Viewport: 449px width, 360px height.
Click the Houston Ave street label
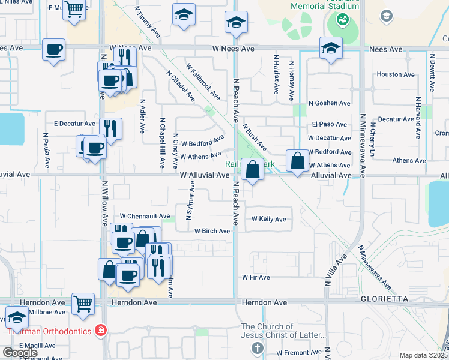click(396, 75)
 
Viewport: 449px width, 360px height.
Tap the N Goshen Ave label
click(329, 103)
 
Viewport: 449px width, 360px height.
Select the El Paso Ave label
click(329, 125)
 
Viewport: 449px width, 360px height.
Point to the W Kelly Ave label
click(269, 219)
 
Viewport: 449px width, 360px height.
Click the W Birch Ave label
click(212, 231)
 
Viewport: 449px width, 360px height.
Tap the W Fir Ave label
click(256, 277)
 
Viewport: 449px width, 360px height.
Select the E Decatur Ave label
click(75, 124)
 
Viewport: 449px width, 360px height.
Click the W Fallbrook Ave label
click(202, 82)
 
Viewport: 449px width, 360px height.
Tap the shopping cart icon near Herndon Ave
click(83, 304)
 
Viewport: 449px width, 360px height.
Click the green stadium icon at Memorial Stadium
click(343, 20)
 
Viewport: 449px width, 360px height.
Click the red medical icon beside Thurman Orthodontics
click(101, 331)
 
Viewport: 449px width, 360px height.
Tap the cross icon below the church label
click(258, 348)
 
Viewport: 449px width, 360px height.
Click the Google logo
click(20, 353)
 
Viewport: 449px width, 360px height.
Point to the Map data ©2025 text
click(423, 355)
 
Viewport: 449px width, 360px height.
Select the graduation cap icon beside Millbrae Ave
click(17, 317)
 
